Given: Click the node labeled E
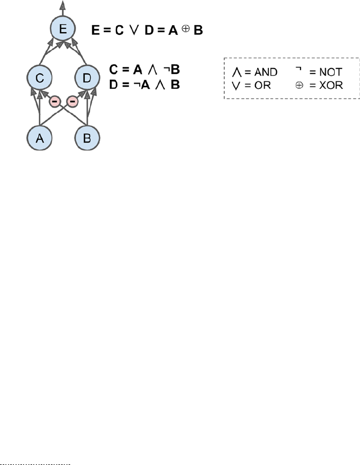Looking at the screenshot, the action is click(x=63, y=29).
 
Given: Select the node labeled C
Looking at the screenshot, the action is click(x=40, y=78).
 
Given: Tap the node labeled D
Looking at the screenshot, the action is click(x=87, y=78).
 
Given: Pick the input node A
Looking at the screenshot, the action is click(x=40, y=138).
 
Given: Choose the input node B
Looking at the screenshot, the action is click(x=87, y=138).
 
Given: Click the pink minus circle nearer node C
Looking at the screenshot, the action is click(x=55, y=102).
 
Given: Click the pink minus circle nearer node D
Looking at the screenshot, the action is click(x=72, y=102).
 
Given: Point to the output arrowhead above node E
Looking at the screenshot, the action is click(x=63, y=5).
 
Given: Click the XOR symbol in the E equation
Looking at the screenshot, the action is click(x=186, y=29).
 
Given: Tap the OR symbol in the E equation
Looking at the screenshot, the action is click(x=134, y=30).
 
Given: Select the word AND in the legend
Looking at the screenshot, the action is click(x=266, y=72).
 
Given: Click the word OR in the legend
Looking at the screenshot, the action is click(x=262, y=85).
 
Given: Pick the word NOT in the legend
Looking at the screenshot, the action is click(x=331, y=72).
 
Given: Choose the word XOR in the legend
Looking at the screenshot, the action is click(x=331, y=85).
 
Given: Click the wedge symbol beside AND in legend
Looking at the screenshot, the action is click(x=237, y=72).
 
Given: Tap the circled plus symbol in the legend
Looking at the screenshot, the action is click(x=299, y=85).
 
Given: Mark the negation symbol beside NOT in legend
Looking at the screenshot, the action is click(x=298, y=69).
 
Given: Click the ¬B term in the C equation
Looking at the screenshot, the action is click(x=172, y=70).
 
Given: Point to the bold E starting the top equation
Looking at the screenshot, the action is click(x=95, y=30).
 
